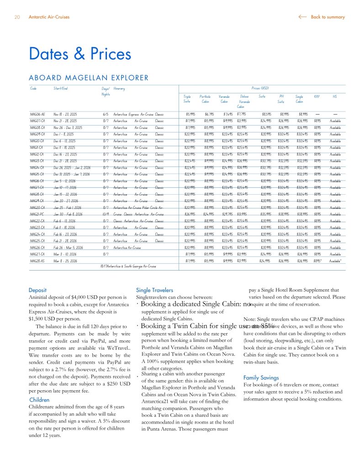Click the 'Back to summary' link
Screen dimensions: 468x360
[x=327, y=17]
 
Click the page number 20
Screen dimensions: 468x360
[x=17, y=17]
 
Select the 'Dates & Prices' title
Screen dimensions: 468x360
[x=80, y=53]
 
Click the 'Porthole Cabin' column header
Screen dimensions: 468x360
[x=205, y=99]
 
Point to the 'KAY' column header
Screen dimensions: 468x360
[x=317, y=96]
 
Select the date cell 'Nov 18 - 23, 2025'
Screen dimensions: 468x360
[x=67, y=114]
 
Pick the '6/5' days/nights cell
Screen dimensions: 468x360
[x=106, y=114]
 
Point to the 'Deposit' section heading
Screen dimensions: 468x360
[x=37, y=290]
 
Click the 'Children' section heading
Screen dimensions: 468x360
[x=39, y=400]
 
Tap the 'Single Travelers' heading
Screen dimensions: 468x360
[x=155, y=290]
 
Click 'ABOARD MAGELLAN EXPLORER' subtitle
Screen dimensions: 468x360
[x=89, y=78]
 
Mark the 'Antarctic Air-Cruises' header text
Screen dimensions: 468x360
[x=49, y=17]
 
